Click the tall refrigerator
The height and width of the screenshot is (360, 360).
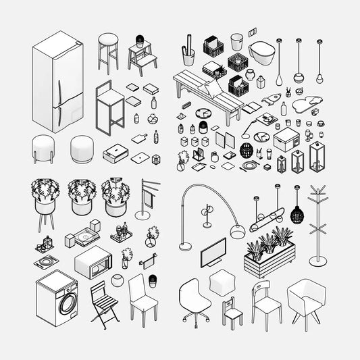tap(58, 84)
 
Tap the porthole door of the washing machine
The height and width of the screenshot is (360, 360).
tap(68, 303)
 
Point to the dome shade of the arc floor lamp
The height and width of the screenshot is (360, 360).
tap(236, 232)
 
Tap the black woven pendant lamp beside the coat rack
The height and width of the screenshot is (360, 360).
tap(297, 215)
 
